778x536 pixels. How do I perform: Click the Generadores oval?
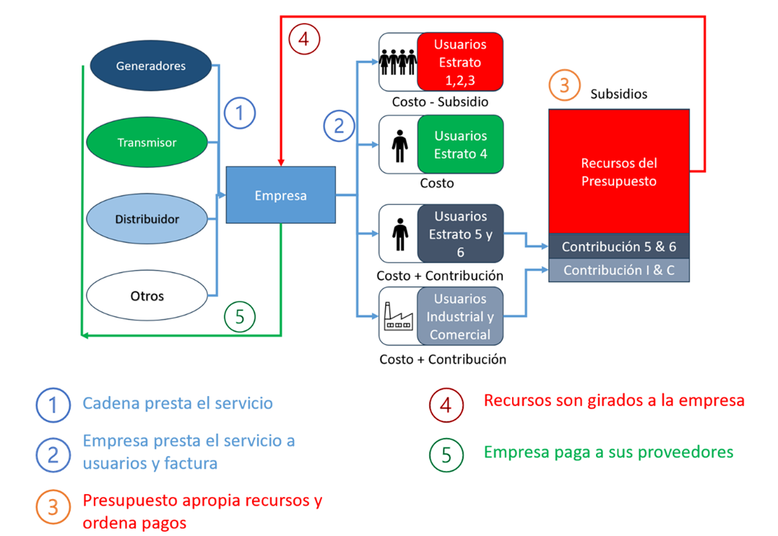pyautogui.click(x=151, y=66)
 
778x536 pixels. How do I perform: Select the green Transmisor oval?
pyautogui.click(x=147, y=142)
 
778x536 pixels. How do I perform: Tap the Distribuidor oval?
pyautogui.click(x=147, y=219)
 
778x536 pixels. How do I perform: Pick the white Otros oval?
pyautogui.click(x=147, y=296)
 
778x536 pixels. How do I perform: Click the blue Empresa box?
pyautogui.click(x=280, y=195)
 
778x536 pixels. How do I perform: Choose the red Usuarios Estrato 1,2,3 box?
pyautogui.click(x=460, y=62)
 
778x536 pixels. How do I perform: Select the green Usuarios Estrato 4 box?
pyautogui.click(x=460, y=144)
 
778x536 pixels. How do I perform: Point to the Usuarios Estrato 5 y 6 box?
pyautogui.click(x=460, y=234)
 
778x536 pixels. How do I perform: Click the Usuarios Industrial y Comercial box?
pyautogui.click(x=460, y=317)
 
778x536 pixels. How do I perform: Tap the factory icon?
pyautogui.click(x=399, y=317)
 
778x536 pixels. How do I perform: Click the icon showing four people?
pyautogui.click(x=399, y=63)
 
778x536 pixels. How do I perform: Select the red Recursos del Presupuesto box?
pyautogui.click(x=619, y=172)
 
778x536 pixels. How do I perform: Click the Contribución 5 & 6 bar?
pyautogui.click(x=619, y=246)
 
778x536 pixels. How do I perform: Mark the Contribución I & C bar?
pyautogui.click(x=619, y=271)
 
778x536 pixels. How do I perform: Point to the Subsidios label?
pyautogui.click(x=618, y=94)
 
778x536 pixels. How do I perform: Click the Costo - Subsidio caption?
pyautogui.click(x=440, y=102)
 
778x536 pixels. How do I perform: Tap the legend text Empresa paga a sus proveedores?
pyautogui.click(x=608, y=452)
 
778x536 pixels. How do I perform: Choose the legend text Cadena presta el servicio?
pyautogui.click(x=178, y=403)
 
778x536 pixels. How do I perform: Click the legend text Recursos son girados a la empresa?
pyautogui.click(x=613, y=400)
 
